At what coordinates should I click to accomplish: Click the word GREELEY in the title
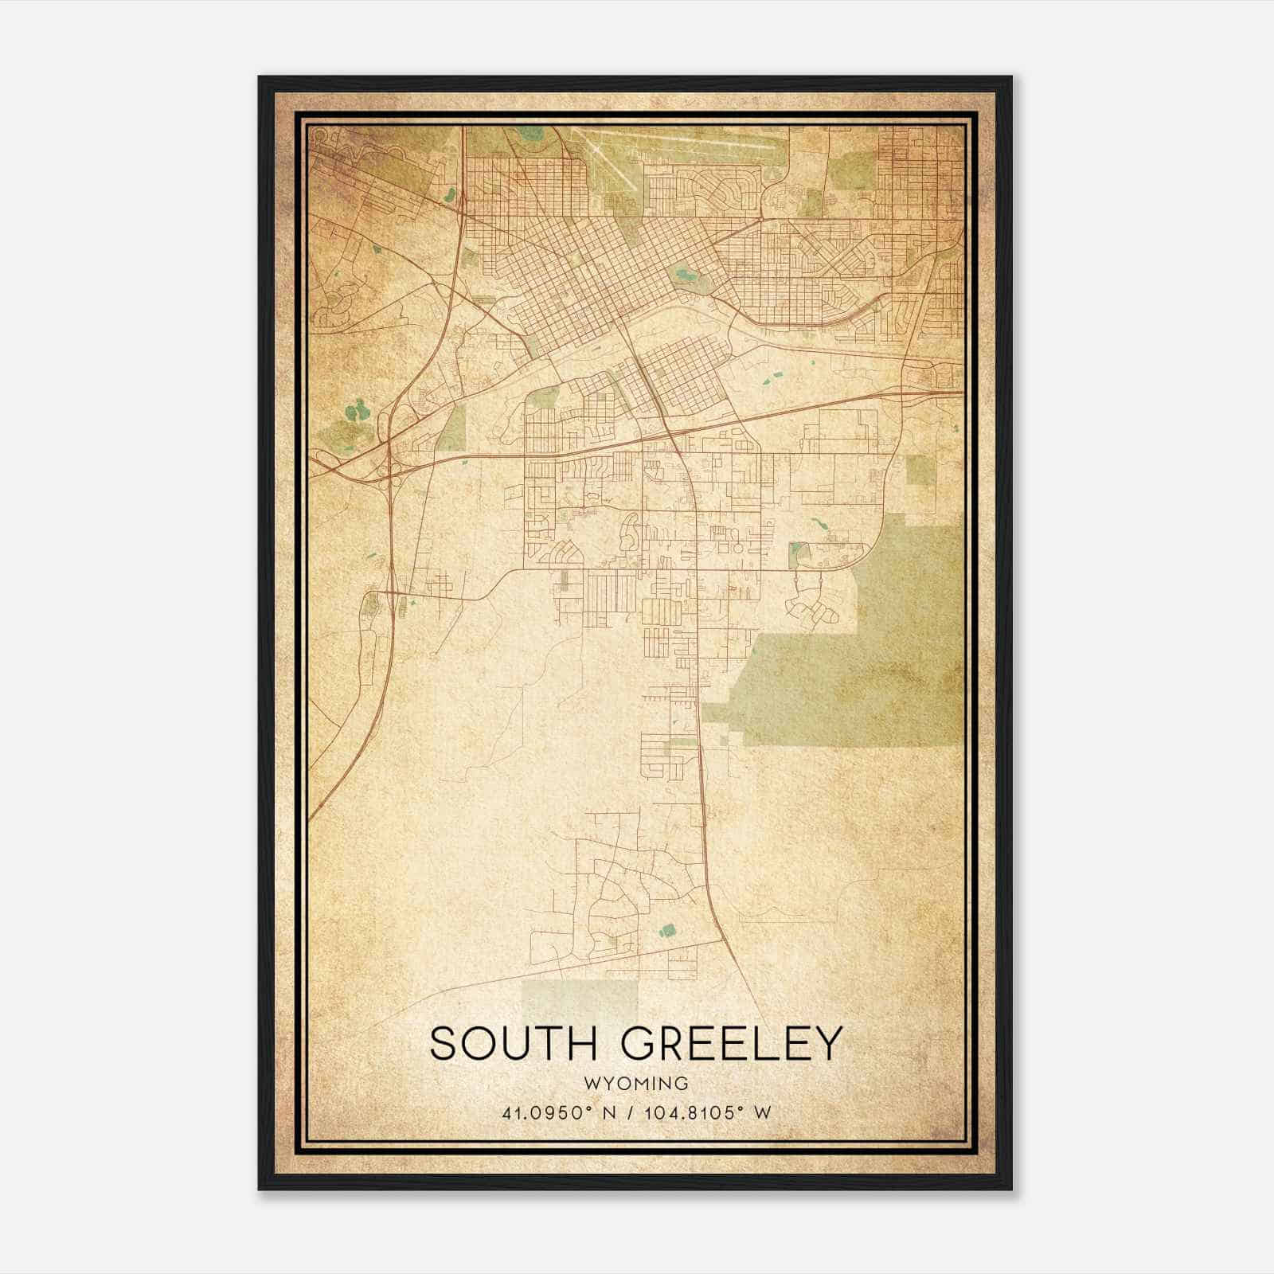pyautogui.click(x=731, y=1044)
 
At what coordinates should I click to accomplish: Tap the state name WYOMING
pyautogui.click(x=635, y=1083)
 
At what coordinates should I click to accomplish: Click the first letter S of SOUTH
pyautogui.click(x=444, y=1044)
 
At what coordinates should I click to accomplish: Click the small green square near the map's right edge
pyautogui.click(x=920, y=471)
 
